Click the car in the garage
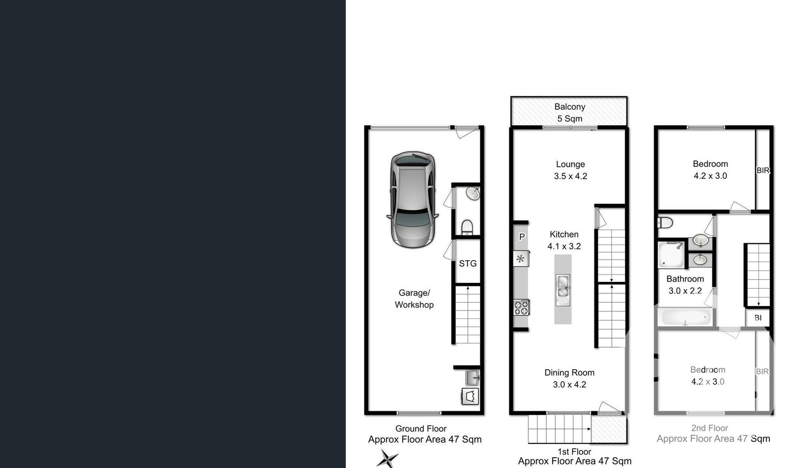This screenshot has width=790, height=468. (413, 199)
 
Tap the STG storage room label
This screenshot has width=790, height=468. (468, 264)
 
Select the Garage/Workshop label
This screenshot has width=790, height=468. (414, 299)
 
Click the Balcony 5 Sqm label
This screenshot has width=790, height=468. (570, 113)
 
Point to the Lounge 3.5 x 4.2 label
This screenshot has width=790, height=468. (570, 170)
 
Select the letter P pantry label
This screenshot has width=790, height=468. (521, 237)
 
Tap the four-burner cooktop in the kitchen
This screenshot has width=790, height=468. (521, 307)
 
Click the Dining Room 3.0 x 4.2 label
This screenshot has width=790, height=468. (569, 378)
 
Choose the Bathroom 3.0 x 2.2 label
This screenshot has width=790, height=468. (685, 285)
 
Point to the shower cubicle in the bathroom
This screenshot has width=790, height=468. (671, 254)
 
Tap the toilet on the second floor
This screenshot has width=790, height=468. (665, 223)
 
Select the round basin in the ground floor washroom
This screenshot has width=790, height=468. (473, 193)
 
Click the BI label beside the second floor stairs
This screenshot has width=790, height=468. (758, 318)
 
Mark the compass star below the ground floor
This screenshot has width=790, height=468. (388, 458)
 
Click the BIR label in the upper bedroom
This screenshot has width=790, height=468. (763, 170)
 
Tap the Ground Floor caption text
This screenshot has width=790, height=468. (421, 429)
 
